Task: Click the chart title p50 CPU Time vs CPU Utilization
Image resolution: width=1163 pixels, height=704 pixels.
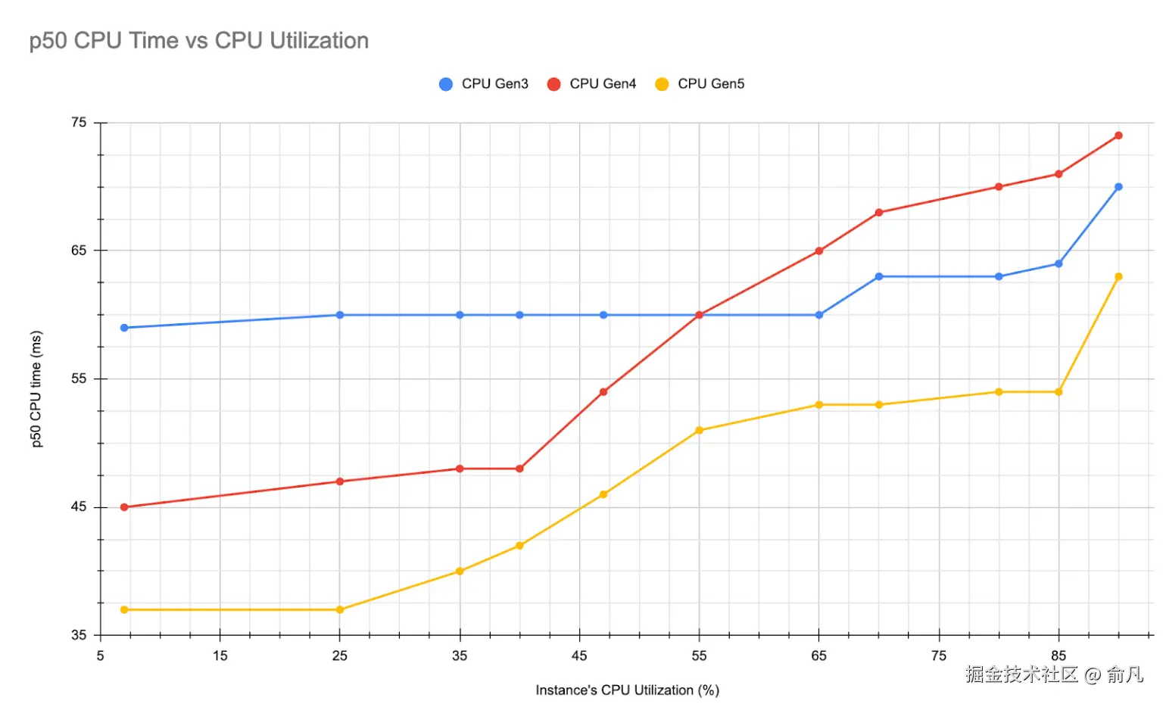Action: [198, 41]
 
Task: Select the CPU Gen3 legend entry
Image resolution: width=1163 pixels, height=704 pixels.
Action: [484, 84]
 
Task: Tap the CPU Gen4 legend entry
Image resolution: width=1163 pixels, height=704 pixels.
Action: [592, 84]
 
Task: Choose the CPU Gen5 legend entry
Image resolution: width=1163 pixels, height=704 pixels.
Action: [700, 84]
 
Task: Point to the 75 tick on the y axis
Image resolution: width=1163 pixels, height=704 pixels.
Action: [80, 123]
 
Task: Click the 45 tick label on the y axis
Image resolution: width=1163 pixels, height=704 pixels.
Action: [80, 507]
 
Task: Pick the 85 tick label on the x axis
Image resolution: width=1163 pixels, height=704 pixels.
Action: [1058, 656]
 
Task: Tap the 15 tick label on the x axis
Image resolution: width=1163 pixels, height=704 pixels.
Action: [220, 656]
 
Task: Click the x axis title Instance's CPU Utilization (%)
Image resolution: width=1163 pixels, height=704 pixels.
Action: [627, 690]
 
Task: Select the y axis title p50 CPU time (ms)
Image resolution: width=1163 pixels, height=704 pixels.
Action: [36, 389]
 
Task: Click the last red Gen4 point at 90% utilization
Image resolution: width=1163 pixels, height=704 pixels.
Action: [1118, 136]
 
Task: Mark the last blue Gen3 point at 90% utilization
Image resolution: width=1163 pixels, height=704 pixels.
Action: [1118, 187]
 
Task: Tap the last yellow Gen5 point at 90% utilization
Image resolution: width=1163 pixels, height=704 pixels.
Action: [1118, 277]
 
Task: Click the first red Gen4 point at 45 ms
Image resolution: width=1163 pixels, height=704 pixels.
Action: [124, 507]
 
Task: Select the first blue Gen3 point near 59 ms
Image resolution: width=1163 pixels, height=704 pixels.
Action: [124, 328]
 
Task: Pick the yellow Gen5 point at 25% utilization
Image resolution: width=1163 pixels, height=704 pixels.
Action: [339, 610]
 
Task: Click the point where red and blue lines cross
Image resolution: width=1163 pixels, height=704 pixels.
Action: [699, 315]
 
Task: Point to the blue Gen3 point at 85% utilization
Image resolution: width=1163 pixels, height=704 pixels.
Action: [1059, 264]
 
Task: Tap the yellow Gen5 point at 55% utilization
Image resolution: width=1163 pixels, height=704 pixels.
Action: [699, 431]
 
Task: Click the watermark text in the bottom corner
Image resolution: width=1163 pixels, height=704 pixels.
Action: [1054, 674]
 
